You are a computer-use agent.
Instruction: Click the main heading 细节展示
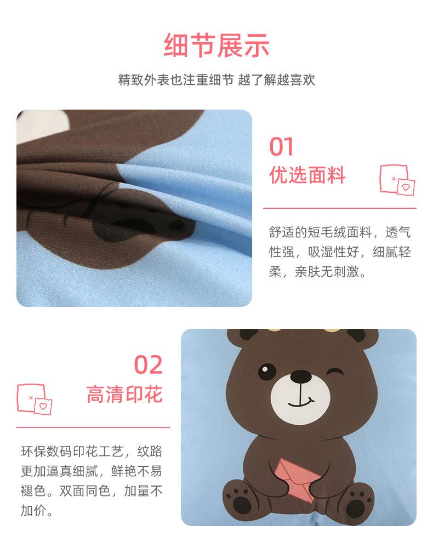point(216,45)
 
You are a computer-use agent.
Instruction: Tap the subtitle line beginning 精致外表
point(216,80)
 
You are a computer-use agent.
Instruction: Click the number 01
point(282,147)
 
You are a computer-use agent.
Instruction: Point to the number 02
point(149,365)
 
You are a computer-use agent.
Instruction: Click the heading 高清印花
point(124,394)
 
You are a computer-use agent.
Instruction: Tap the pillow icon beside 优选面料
point(397,180)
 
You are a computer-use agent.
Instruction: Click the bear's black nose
point(300,376)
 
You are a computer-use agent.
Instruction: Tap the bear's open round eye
point(266,372)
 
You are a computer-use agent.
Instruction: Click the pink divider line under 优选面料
point(339,208)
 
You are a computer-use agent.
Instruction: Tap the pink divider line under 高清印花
point(93,426)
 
